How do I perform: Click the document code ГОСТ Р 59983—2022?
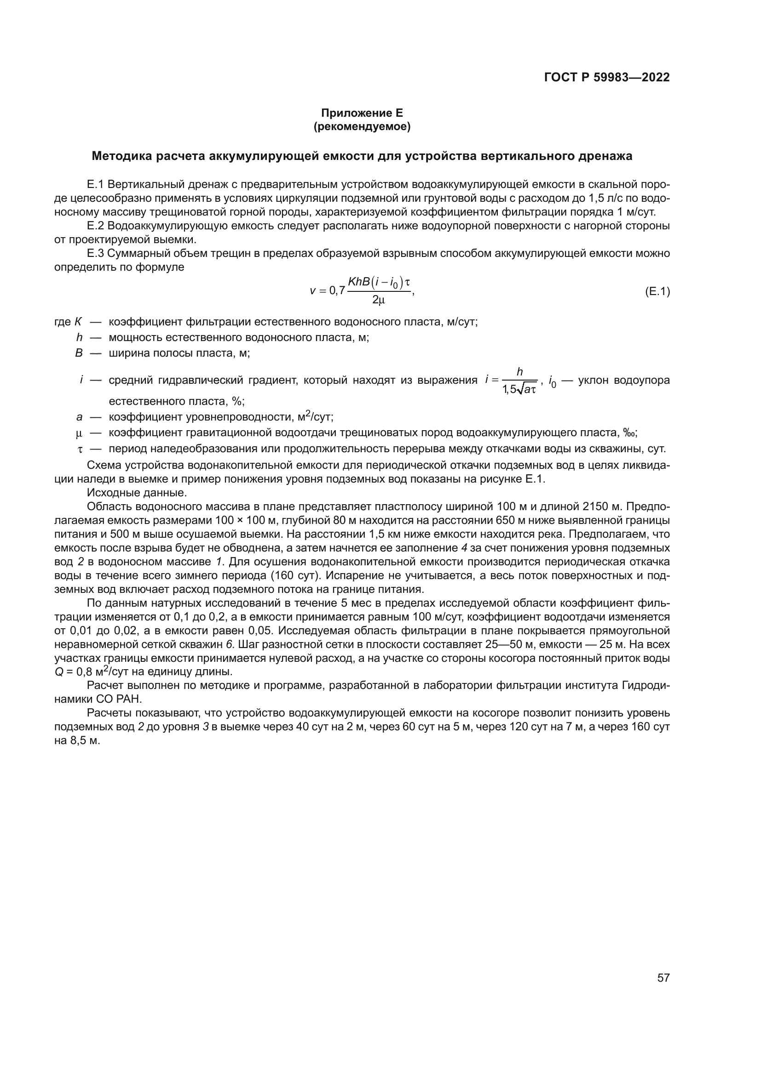click(606, 77)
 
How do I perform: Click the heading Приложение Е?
click(362, 113)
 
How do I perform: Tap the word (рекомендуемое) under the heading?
click(362, 126)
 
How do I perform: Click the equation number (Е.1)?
click(657, 292)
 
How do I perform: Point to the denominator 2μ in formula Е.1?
click(378, 300)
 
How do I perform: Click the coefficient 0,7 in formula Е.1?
click(337, 291)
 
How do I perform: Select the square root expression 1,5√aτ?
click(519, 389)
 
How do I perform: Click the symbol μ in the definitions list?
click(79, 433)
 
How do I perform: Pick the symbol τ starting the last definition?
click(80, 449)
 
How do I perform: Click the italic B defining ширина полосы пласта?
click(79, 353)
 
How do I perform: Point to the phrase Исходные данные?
click(137, 493)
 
